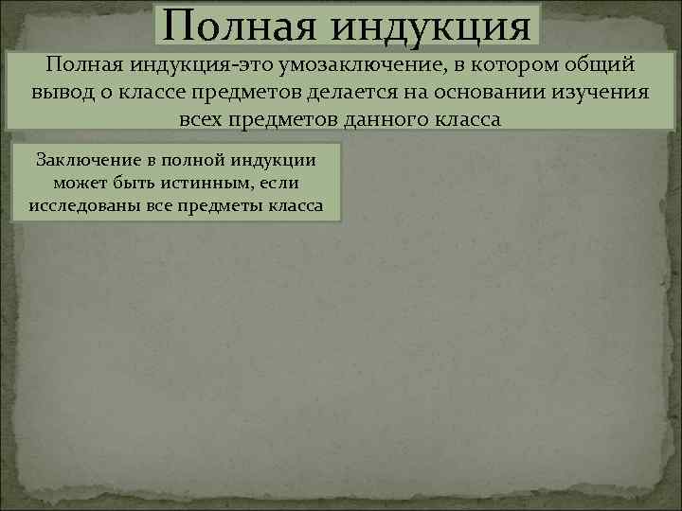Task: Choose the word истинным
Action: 201,182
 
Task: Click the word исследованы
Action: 81,204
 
